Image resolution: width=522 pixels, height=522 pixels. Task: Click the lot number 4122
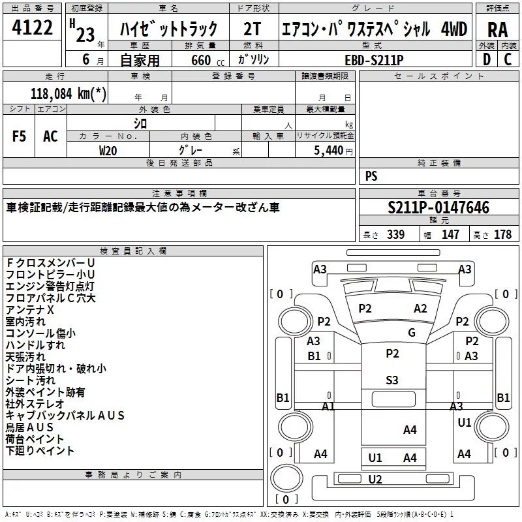32,29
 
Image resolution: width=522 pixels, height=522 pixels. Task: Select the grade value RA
497,29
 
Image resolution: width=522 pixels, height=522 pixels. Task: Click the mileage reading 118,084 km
69,94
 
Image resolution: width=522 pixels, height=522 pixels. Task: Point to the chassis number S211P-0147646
438,207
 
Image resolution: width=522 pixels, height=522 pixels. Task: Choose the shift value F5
20,136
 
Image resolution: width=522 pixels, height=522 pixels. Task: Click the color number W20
108,150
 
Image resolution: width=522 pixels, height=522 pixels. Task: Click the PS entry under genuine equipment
371,176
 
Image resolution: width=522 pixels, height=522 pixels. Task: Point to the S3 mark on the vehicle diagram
392,380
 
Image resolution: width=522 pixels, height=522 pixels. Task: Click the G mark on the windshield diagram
412,332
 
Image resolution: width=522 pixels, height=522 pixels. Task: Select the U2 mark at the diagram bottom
375,480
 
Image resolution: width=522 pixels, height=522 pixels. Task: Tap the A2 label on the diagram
420,309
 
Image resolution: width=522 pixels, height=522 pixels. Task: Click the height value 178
502,235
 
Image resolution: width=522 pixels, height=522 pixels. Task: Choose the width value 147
450,235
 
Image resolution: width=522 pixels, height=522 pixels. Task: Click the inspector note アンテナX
29,309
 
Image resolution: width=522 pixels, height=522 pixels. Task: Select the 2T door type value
252,29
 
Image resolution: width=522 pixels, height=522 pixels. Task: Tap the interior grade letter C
508,59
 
